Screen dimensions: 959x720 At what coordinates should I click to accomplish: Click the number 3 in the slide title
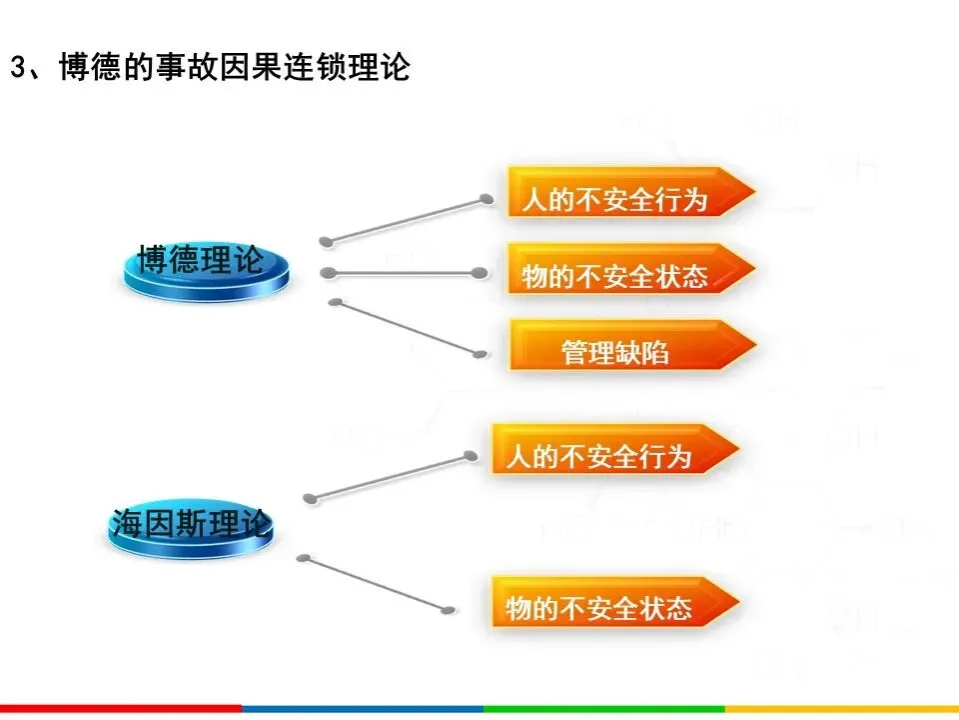[17, 68]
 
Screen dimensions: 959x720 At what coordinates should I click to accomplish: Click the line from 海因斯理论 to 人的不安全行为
[390, 476]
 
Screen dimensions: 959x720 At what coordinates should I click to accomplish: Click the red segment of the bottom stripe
[120, 709]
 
